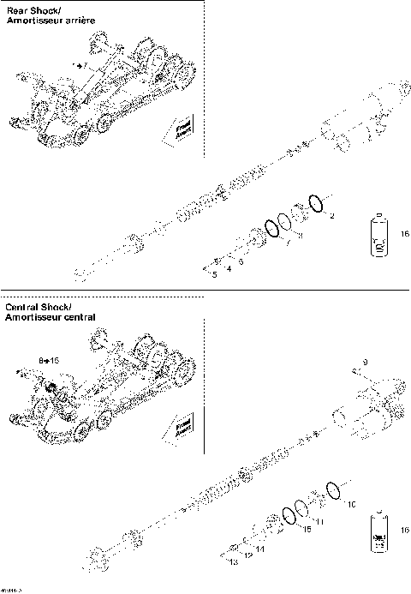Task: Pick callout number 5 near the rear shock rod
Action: [213, 274]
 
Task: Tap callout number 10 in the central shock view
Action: [349, 505]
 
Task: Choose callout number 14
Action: [259, 548]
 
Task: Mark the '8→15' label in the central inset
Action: [48, 362]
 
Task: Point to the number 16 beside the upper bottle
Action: [404, 232]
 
